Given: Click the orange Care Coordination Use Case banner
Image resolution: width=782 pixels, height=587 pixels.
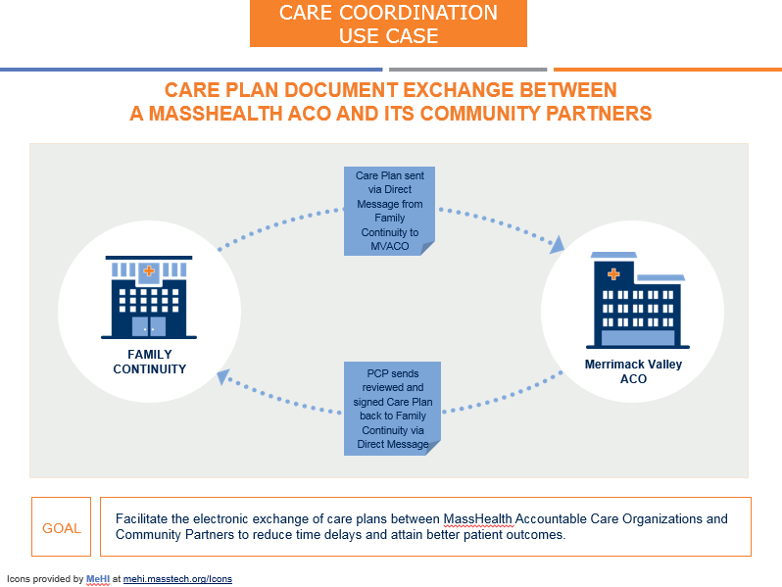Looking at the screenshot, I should pos(388,24).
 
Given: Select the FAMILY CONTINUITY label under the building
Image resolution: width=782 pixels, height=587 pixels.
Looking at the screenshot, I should pos(149,362).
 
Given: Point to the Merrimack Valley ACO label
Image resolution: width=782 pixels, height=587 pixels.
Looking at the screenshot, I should pos(633,371).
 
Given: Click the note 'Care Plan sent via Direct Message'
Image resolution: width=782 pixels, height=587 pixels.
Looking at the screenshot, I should pos(389,210).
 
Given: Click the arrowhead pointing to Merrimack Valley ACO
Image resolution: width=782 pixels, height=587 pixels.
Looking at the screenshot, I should pos(558,242).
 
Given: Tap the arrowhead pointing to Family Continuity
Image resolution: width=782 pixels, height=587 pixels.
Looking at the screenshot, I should pos(223,374).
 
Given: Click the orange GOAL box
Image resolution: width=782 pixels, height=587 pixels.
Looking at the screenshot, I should pos(61,527).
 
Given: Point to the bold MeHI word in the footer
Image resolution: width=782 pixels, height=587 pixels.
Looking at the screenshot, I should pos(98,579).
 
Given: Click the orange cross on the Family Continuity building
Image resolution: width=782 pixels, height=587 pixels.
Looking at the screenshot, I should pos(149,270).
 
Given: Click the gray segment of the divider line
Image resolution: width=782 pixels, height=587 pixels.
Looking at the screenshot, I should pos(467,70).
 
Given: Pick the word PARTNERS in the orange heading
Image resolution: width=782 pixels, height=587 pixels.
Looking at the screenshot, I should pos(598,114).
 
